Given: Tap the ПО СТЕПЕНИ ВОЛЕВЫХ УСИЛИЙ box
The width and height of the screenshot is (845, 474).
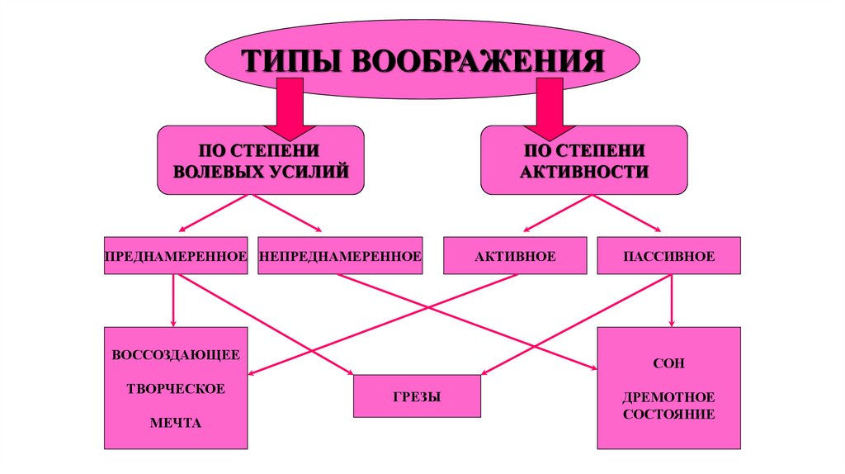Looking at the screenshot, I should click(x=260, y=160).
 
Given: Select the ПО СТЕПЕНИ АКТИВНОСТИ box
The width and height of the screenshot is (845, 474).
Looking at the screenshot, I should click(x=583, y=160).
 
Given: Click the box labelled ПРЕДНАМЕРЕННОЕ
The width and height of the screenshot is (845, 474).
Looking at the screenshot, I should click(x=176, y=256).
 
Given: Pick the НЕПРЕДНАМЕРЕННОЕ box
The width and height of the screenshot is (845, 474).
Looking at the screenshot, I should click(x=340, y=256).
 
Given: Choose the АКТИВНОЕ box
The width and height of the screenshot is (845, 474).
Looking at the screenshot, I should click(x=515, y=256).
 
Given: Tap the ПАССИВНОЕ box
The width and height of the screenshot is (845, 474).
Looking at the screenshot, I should click(x=668, y=256).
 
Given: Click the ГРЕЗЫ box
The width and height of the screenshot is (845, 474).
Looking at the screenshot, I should click(x=417, y=396).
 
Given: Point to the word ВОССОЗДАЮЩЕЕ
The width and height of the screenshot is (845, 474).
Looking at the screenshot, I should click(x=176, y=355).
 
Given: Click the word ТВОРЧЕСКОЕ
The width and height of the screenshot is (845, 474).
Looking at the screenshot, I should click(x=176, y=389).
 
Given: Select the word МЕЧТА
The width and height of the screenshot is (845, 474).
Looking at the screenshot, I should click(x=176, y=423).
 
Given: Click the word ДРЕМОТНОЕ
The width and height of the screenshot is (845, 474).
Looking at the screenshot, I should click(x=668, y=397).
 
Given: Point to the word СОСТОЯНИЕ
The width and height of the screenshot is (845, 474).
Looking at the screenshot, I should click(x=668, y=414).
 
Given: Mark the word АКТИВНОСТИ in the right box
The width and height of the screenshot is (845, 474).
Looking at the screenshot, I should click(x=583, y=171).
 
